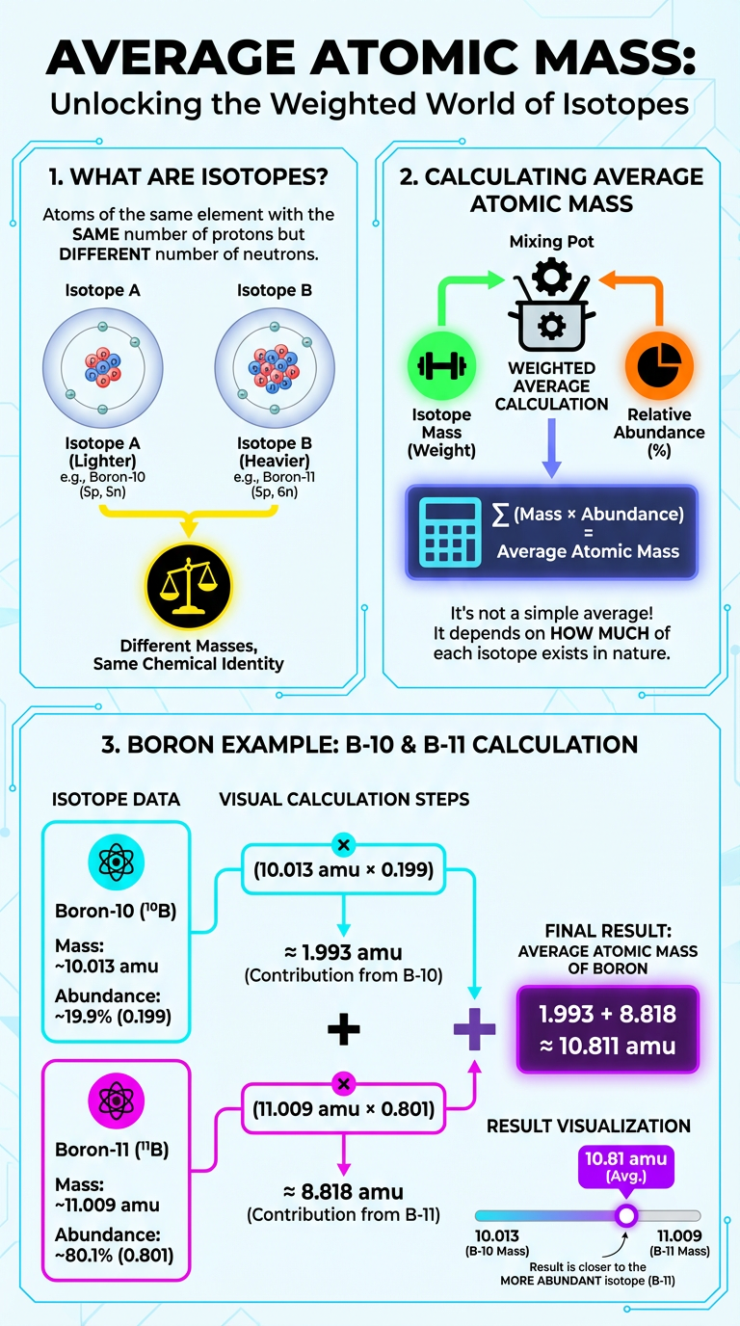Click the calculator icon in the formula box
[450, 532]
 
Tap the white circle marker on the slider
[626, 1214]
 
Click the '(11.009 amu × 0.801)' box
[343, 1108]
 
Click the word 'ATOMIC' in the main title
[397, 60]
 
